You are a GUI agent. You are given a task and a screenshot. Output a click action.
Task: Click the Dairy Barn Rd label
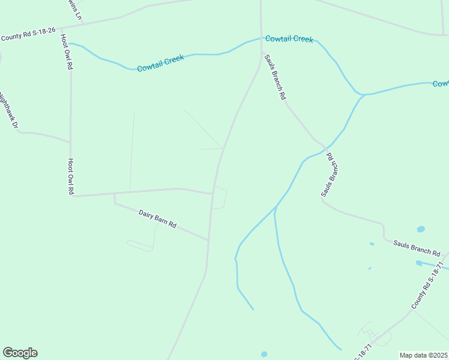(x=157, y=218)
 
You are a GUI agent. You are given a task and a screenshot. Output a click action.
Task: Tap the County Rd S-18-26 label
(x=28, y=36)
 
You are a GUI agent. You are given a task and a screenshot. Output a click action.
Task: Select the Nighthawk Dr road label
(x=8, y=110)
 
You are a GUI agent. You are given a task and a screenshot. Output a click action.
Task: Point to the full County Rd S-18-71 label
(x=427, y=286)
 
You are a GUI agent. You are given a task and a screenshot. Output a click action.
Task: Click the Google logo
(x=20, y=353)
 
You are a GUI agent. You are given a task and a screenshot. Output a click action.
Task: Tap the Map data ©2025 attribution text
(x=423, y=355)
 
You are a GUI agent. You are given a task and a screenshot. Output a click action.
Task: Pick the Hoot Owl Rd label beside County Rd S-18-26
(x=66, y=52)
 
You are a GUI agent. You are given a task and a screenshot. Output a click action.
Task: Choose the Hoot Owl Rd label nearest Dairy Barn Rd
(x=70, y=176)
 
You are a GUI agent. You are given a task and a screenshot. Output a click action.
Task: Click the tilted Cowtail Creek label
(x=160, y=63)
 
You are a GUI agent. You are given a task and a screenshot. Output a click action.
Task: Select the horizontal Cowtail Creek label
(x=289, y=39)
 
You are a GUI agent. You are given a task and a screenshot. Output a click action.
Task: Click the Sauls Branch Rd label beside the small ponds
(x=417, y=248)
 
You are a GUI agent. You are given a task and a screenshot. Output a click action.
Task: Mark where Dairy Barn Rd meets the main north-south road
(x=208, y=241)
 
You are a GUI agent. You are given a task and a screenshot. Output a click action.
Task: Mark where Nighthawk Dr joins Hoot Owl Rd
(x=70, y=142)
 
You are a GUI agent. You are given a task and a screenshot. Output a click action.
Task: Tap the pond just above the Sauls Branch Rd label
(x=420, y=229)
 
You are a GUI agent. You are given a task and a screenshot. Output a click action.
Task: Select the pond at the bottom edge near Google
(x=264, y=354)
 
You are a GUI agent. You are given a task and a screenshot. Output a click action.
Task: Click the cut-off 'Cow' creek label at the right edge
(x=441, y=83)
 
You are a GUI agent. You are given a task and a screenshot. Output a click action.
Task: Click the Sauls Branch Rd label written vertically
(x=329, y=175)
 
